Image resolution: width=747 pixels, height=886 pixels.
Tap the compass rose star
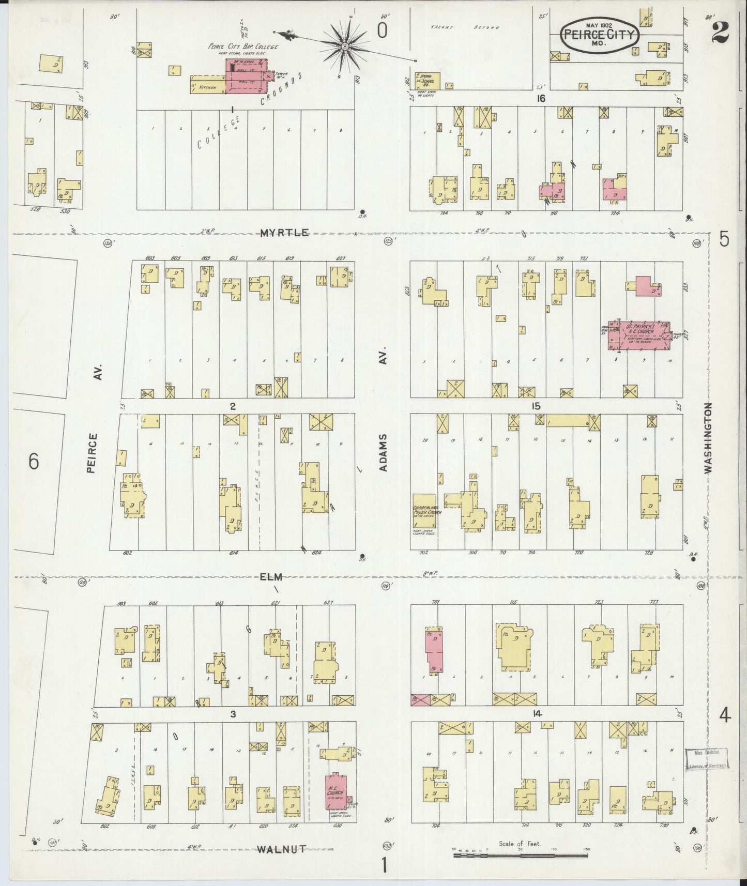click(x=344, y=47)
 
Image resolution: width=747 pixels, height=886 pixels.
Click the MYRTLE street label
click(x=284, y=233)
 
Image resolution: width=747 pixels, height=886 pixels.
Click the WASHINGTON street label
click(x=708, y=438)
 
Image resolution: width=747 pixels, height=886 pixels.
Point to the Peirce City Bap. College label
click(x=243, y=47)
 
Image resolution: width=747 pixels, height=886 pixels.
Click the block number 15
click(x=536, y=406)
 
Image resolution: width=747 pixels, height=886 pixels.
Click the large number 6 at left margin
click(x=34, y=461)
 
